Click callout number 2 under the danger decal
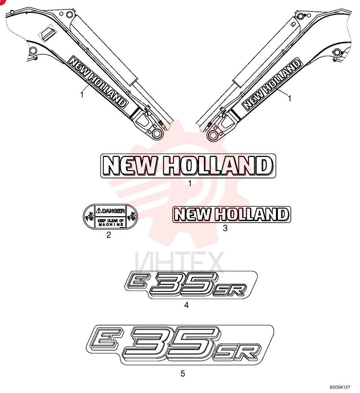tap(108, 235)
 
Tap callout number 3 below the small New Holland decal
tap(225, 228)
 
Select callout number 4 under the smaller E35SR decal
tap(186, 305)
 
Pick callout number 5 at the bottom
tap(183, 373)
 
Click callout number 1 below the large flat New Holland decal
tap(190, 184)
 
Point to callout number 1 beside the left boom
tap(82, 95)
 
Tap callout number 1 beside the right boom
tap(290, 99)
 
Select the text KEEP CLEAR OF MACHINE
tap(111, 222)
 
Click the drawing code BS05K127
tap(340, 387)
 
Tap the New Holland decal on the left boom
tap(97, 82)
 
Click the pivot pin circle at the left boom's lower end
tap(157, 134)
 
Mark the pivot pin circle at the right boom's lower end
tap(213, 135)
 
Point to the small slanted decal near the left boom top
tap(48, 32)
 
